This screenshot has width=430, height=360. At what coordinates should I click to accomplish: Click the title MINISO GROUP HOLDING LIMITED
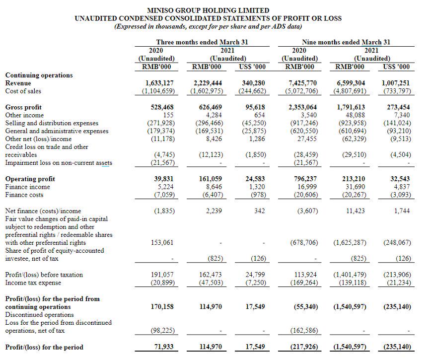[209, 10]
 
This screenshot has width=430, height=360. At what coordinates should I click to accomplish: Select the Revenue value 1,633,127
[160, 83]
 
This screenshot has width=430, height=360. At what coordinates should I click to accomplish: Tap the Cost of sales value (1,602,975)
[207, 91]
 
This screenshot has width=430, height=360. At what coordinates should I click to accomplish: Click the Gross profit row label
[23, 107]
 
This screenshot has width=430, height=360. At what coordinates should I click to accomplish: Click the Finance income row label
[27, 187]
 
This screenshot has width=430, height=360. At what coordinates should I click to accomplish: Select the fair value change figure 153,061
[162, 243]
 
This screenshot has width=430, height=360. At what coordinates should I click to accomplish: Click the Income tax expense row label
[33, 283]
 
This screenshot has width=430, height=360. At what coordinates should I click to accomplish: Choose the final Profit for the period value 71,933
[162, 347]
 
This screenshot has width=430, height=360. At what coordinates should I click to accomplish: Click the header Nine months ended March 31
[346, 42]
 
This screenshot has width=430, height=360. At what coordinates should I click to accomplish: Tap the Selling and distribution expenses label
[52, 123]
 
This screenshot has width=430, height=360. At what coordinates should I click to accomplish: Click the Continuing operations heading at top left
[39, 75]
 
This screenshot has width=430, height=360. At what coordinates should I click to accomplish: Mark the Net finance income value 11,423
[355, 211]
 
